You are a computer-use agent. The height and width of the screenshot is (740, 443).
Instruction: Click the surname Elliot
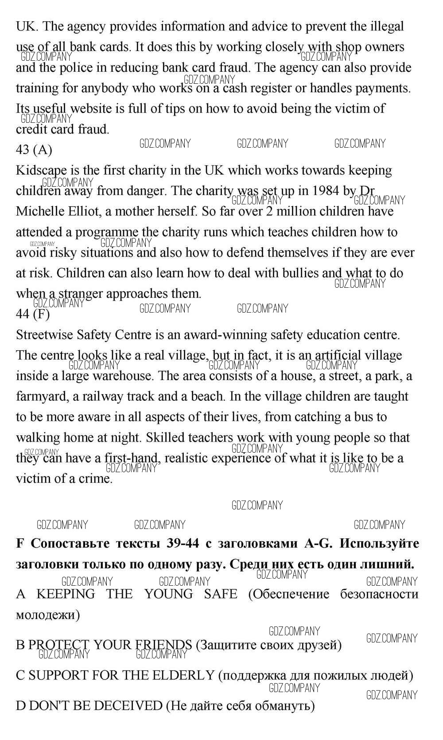pyautogui.click(x=84, y=211)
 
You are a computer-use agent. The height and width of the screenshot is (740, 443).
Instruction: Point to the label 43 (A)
pyautogui.click(x=34, y=150)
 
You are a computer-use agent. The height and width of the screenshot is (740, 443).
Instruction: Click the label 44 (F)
pyautogui.click(x=33, y=314)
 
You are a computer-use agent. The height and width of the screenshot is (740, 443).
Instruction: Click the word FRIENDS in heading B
pyautogui.click(x=163, y=645)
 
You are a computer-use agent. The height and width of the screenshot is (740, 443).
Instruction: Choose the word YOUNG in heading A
pyautogui.click(x=168, y=594)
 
